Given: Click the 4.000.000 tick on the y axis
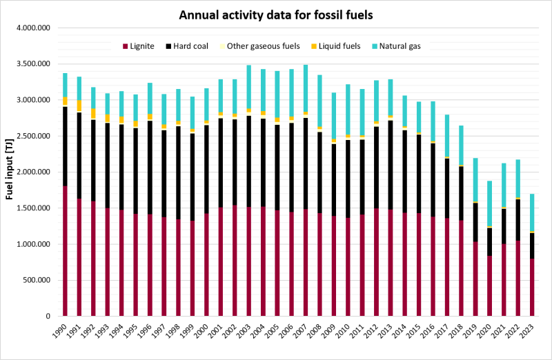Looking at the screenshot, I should click(x=34, y=28).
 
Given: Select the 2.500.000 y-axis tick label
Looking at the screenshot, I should click(x=34, y=136).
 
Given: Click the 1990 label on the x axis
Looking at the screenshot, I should click(x=62, y=331).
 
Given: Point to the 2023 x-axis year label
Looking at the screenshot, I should click(x=531, y=331).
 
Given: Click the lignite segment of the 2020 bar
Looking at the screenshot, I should click(x=490, y=286).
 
